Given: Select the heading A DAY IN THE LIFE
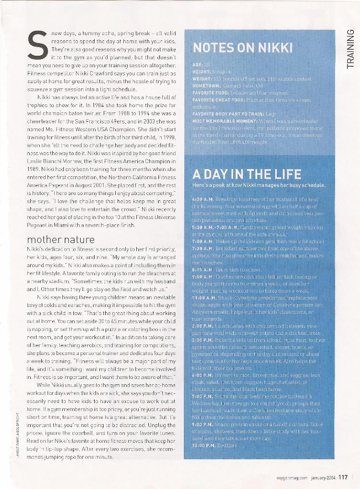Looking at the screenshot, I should click(x=247, y=174).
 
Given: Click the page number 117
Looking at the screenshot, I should click(x=343, y=477).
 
